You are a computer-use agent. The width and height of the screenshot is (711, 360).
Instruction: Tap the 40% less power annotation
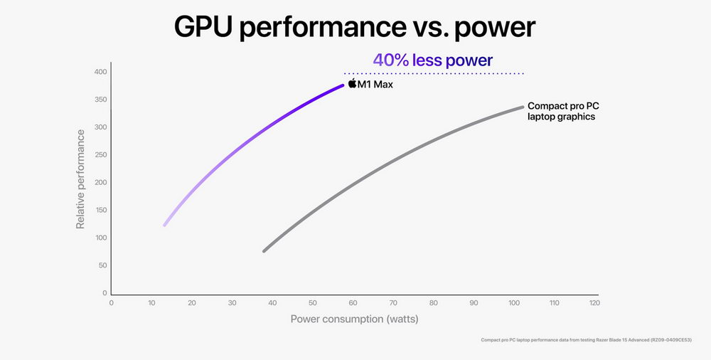click(432, 60)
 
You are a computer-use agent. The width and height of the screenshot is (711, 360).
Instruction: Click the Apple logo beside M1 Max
click(352, 85)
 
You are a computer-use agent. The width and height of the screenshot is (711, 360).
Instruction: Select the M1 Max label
click(375, 85)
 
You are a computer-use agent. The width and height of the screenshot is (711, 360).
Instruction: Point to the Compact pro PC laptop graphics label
click(562, 111)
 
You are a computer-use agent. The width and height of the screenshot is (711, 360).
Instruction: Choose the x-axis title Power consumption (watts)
click(354, 319)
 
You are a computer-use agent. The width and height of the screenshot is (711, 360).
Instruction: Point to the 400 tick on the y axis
click(100, 72)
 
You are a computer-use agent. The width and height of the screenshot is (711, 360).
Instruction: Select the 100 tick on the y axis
click(100, 238)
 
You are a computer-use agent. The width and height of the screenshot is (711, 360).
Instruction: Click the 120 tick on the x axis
click(594, 302)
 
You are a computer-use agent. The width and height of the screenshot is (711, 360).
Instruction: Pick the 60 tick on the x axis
click(353, 302)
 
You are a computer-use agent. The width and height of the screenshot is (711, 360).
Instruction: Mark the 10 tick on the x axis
click(151, 302)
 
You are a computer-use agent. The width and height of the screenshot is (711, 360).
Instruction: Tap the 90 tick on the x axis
click(474, 302)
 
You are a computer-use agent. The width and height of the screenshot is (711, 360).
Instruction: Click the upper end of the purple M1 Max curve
click(342, 85)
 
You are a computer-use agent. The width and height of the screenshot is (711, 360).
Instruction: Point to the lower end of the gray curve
click(264, 250)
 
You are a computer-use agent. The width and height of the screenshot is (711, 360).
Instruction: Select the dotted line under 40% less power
click(434, 73)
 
